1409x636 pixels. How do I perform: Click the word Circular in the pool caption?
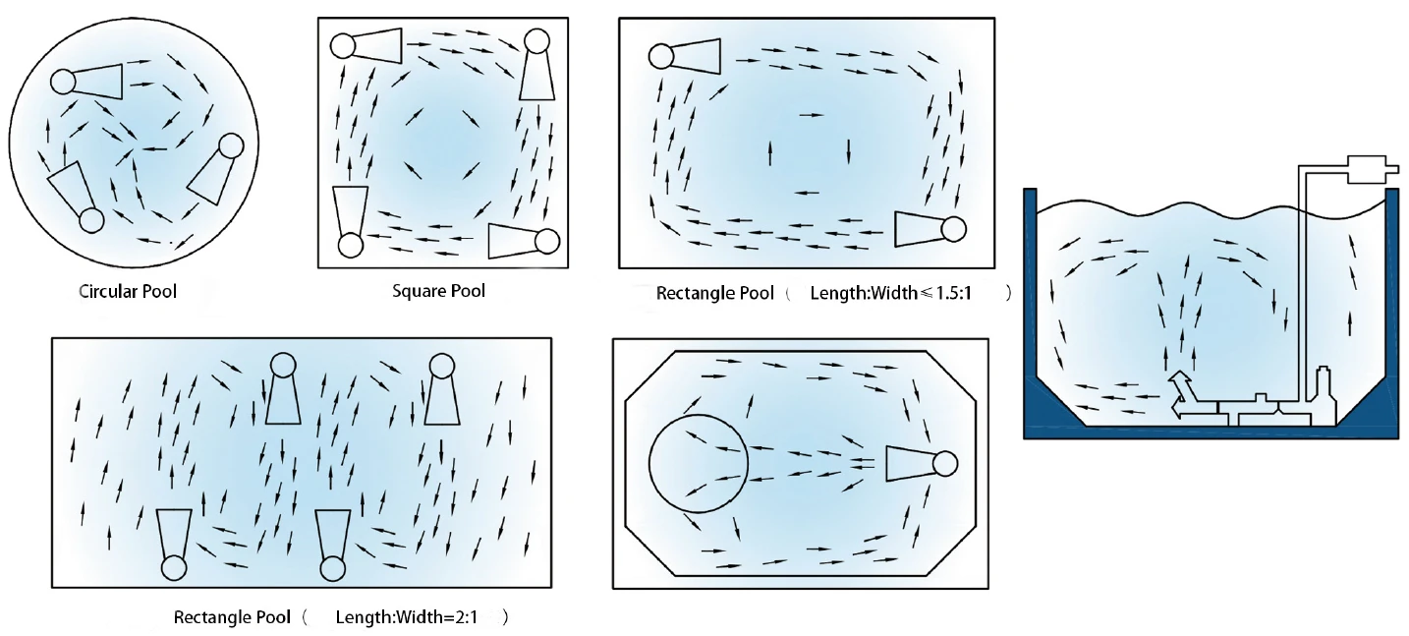[x=106, y=291]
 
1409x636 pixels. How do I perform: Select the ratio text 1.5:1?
[x=954, y=293]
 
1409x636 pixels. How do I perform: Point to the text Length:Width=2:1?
[x=407, y=617]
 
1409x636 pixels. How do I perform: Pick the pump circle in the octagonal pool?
[x=945, y=464]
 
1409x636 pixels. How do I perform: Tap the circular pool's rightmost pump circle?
[x=231, y=145]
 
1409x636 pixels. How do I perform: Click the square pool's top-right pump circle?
[x=537, y=41]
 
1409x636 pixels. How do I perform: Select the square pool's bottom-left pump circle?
[x=351, y=246]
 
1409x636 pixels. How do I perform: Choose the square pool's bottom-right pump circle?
[x=546, y=242]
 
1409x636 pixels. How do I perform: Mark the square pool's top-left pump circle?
[x=343, y=46]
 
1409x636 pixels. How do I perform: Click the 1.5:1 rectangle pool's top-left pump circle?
[x=661, y=56]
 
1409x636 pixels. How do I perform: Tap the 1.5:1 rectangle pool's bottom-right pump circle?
[x=954, y=229]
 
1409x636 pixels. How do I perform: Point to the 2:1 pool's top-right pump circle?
[x=442, y=366]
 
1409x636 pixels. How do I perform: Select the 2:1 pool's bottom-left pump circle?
[x=174, y=568]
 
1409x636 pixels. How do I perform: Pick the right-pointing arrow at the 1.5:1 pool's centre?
[x=812, y=115]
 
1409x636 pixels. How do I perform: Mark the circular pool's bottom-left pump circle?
[x=91, y=221]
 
